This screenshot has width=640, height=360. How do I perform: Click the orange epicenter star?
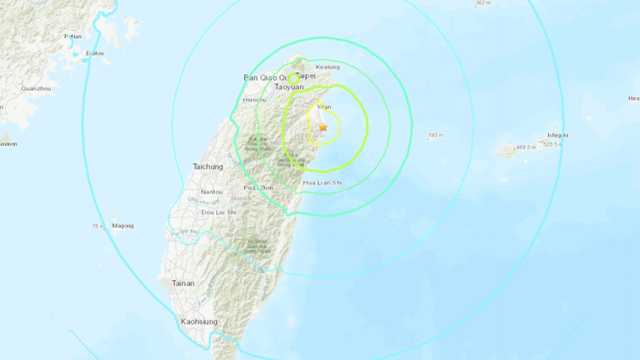[323, 128]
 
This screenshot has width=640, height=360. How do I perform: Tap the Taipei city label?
[306, 75]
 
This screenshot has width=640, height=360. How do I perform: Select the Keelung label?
[328, 67]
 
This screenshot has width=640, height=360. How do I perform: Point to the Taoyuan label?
[289, 87]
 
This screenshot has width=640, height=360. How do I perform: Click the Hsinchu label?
[255, 99]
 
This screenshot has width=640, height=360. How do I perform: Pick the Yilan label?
[324, 107]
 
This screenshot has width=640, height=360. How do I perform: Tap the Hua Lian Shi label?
[322, 182]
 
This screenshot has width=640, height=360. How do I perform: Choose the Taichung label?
[208, 167]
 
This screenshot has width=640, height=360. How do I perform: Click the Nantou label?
[211, 192]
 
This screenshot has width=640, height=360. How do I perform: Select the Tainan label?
[183, 283]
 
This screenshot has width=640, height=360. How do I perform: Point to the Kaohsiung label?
[199, 322]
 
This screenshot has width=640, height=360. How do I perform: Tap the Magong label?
[122, 226]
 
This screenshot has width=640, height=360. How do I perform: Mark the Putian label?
[73, 36]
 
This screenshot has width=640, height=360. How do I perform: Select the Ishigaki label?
[556, 135]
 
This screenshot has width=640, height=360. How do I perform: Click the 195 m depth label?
[435, 135]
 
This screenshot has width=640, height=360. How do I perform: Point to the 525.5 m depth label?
[553, 145]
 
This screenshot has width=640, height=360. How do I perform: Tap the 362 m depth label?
[482, 4]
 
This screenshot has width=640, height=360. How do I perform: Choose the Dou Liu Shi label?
[214, 211]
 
